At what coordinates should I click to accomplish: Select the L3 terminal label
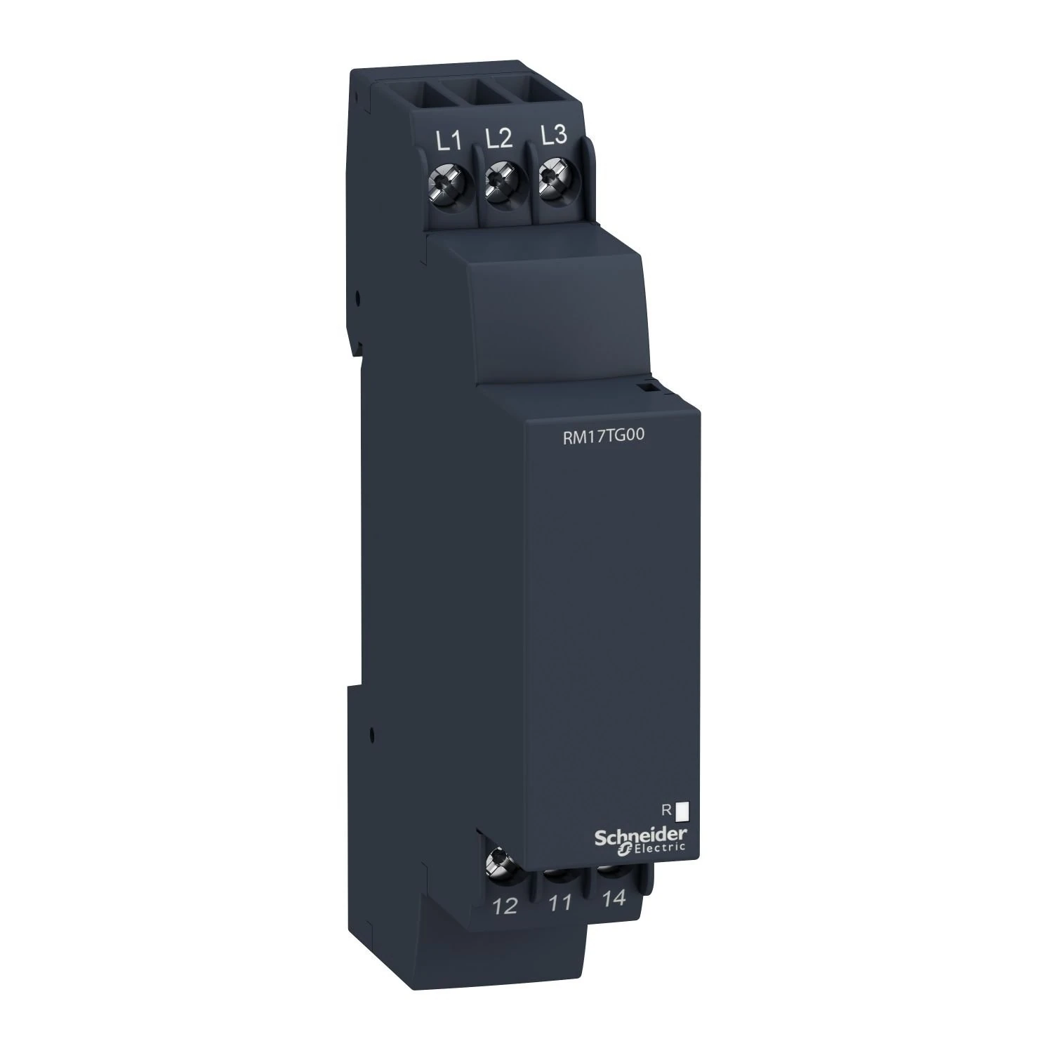[x=554, y=135]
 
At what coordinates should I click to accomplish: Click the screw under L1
[x=444, y=183]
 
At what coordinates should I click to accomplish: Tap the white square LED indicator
[x=681, y=812]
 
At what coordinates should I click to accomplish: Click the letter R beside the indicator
[x=665, y=810]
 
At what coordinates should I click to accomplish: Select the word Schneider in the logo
[x=641, y=835]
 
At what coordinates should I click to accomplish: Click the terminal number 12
[x=505, y=906]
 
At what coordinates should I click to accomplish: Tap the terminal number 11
[x=559, y=903]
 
